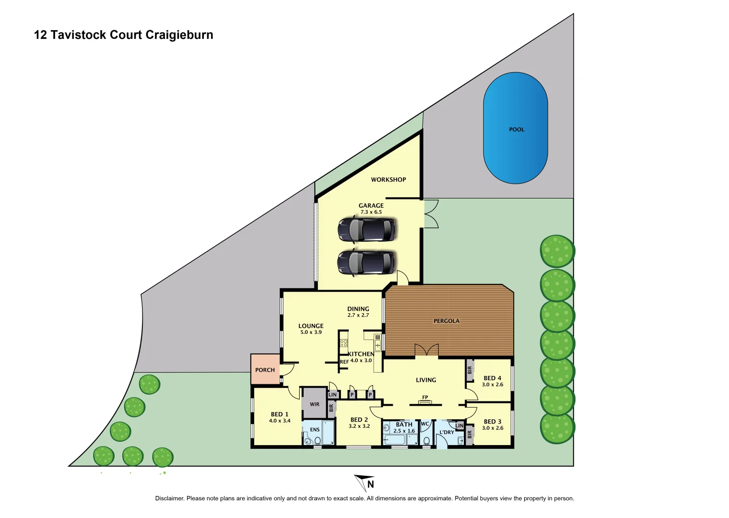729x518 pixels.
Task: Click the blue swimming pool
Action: (x=516, y=128)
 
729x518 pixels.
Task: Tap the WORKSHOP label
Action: (x=388, y=179)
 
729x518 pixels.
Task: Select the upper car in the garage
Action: (x=366, y=229)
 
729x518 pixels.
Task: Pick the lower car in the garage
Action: (x=365, y=262)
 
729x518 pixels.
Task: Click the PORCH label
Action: (x=265, y=370)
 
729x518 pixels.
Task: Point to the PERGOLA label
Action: (x=446, y=321)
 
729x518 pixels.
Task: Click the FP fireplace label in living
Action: (x=425, y=398)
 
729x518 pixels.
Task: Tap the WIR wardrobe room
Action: (x=314, y=404)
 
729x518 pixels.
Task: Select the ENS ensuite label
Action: (x=315, y=430)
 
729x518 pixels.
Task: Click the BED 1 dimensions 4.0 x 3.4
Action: (x=280, y=421)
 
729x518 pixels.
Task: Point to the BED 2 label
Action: (x=359, y=420)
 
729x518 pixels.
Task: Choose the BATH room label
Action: (x=404, y=424)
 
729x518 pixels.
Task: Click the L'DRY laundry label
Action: (x=447, y=432)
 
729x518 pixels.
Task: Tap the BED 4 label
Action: (x=492, y=378)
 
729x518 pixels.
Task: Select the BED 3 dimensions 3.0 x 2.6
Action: (x=493, y=428)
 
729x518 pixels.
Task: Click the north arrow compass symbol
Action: (x=365, y=483)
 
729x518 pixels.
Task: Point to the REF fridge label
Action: (x=344, y=362)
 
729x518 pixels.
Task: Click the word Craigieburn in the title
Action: (x=179, y=35)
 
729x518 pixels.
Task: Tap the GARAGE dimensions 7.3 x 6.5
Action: (x=371, y=212)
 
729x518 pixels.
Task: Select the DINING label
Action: (x=358, y=309)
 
